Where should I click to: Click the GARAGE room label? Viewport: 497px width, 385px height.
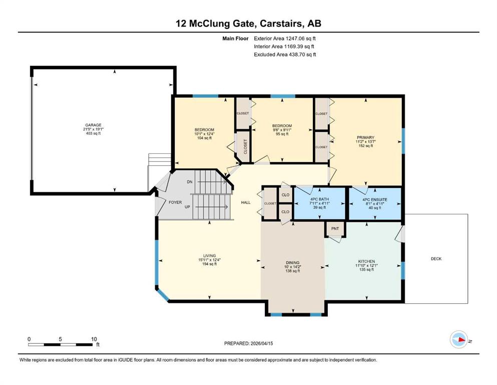click(x=93, y=125)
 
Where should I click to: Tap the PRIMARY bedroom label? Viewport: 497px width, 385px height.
click(x=365, y=138)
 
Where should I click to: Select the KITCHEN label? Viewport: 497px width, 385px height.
click(x=367, y=262)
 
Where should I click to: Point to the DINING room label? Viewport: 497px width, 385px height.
click(x=293, y=263)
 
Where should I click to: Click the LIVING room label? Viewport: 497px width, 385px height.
click(x=210, y=256)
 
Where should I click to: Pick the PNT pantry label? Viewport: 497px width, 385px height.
click(x=335, y=229)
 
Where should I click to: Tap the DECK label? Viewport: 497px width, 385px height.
click(x=436, y=259)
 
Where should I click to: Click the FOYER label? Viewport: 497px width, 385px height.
click(x=175, y=202)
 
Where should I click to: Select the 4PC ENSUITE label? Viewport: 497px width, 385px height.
click(x=375, y=200)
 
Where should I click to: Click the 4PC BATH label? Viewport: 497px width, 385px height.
click(x=319, y=200)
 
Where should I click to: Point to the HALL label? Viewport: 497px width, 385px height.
click(x=246, y=203)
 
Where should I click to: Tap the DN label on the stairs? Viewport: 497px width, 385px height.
click(x=190, y=182)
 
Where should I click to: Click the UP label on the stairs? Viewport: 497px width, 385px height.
click(x=187, y=207)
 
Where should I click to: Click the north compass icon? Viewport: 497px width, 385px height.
click(x=459, y=339)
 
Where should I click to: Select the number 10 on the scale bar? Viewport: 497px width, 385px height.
click(x=94, y=339)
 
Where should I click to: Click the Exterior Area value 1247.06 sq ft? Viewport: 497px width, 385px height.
click(x=301, y=39)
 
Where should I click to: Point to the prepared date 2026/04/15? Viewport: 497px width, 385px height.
click(x=262, y=343)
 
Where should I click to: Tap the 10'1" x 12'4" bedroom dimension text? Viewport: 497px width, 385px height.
click(x=204, y=134)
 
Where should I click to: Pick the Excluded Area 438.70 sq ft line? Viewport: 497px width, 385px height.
click(x=285, y=55)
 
